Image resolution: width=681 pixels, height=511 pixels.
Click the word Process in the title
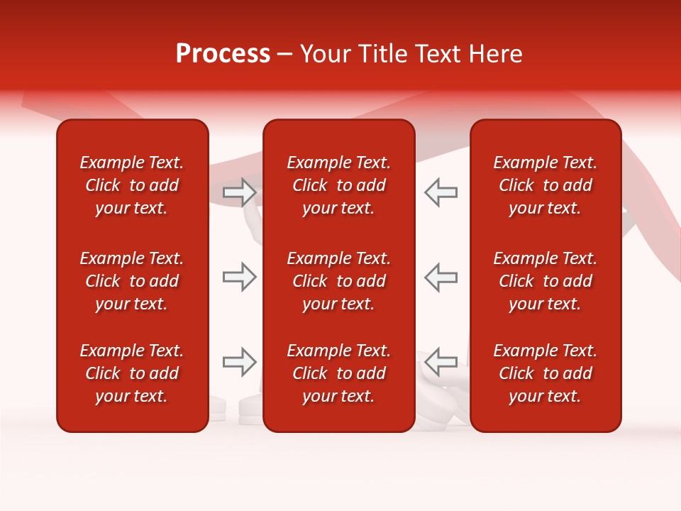pyautogui.click(x=223, y=54)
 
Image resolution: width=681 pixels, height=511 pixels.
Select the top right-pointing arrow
pyautogui.click(x=239, y=192)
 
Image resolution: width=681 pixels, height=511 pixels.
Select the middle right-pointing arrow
pyautogui.click(x=239, y=278)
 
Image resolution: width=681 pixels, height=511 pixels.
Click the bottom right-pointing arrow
pyautogui.click(x=239, y=362)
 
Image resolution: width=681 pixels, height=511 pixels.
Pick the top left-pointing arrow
pyautogui.click(x=441, y=192)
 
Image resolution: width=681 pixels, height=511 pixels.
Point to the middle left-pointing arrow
pyautogui.click(x=441, y=278)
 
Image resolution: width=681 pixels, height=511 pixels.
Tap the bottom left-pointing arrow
pyautogui.click(x=441, y=362)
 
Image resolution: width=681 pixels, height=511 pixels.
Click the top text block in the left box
pyautogui.click(x=132, y=185)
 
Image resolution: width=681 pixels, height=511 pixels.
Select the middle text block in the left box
pyautogui.click(x=132, y=281)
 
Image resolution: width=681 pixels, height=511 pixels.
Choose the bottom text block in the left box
pyautogui.click(x=132, y=373)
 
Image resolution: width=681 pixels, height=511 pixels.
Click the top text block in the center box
pyautogui.click(x=339, y=185)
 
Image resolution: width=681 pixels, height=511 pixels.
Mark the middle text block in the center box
pyautogui.click(x=339, y=281)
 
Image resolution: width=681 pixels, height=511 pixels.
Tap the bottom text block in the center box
pyautogui.click(x=339, y=373)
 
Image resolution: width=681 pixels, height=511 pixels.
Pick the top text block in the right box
pyautogui.click(x=546, y=185)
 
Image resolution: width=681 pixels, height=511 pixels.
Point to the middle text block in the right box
pyautogui.click(x=546, y=281)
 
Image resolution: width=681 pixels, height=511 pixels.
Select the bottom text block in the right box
pyautogui.click(x=546, y=373)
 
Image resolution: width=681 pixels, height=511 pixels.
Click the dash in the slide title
pyautogui.click(x=285, y=55)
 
